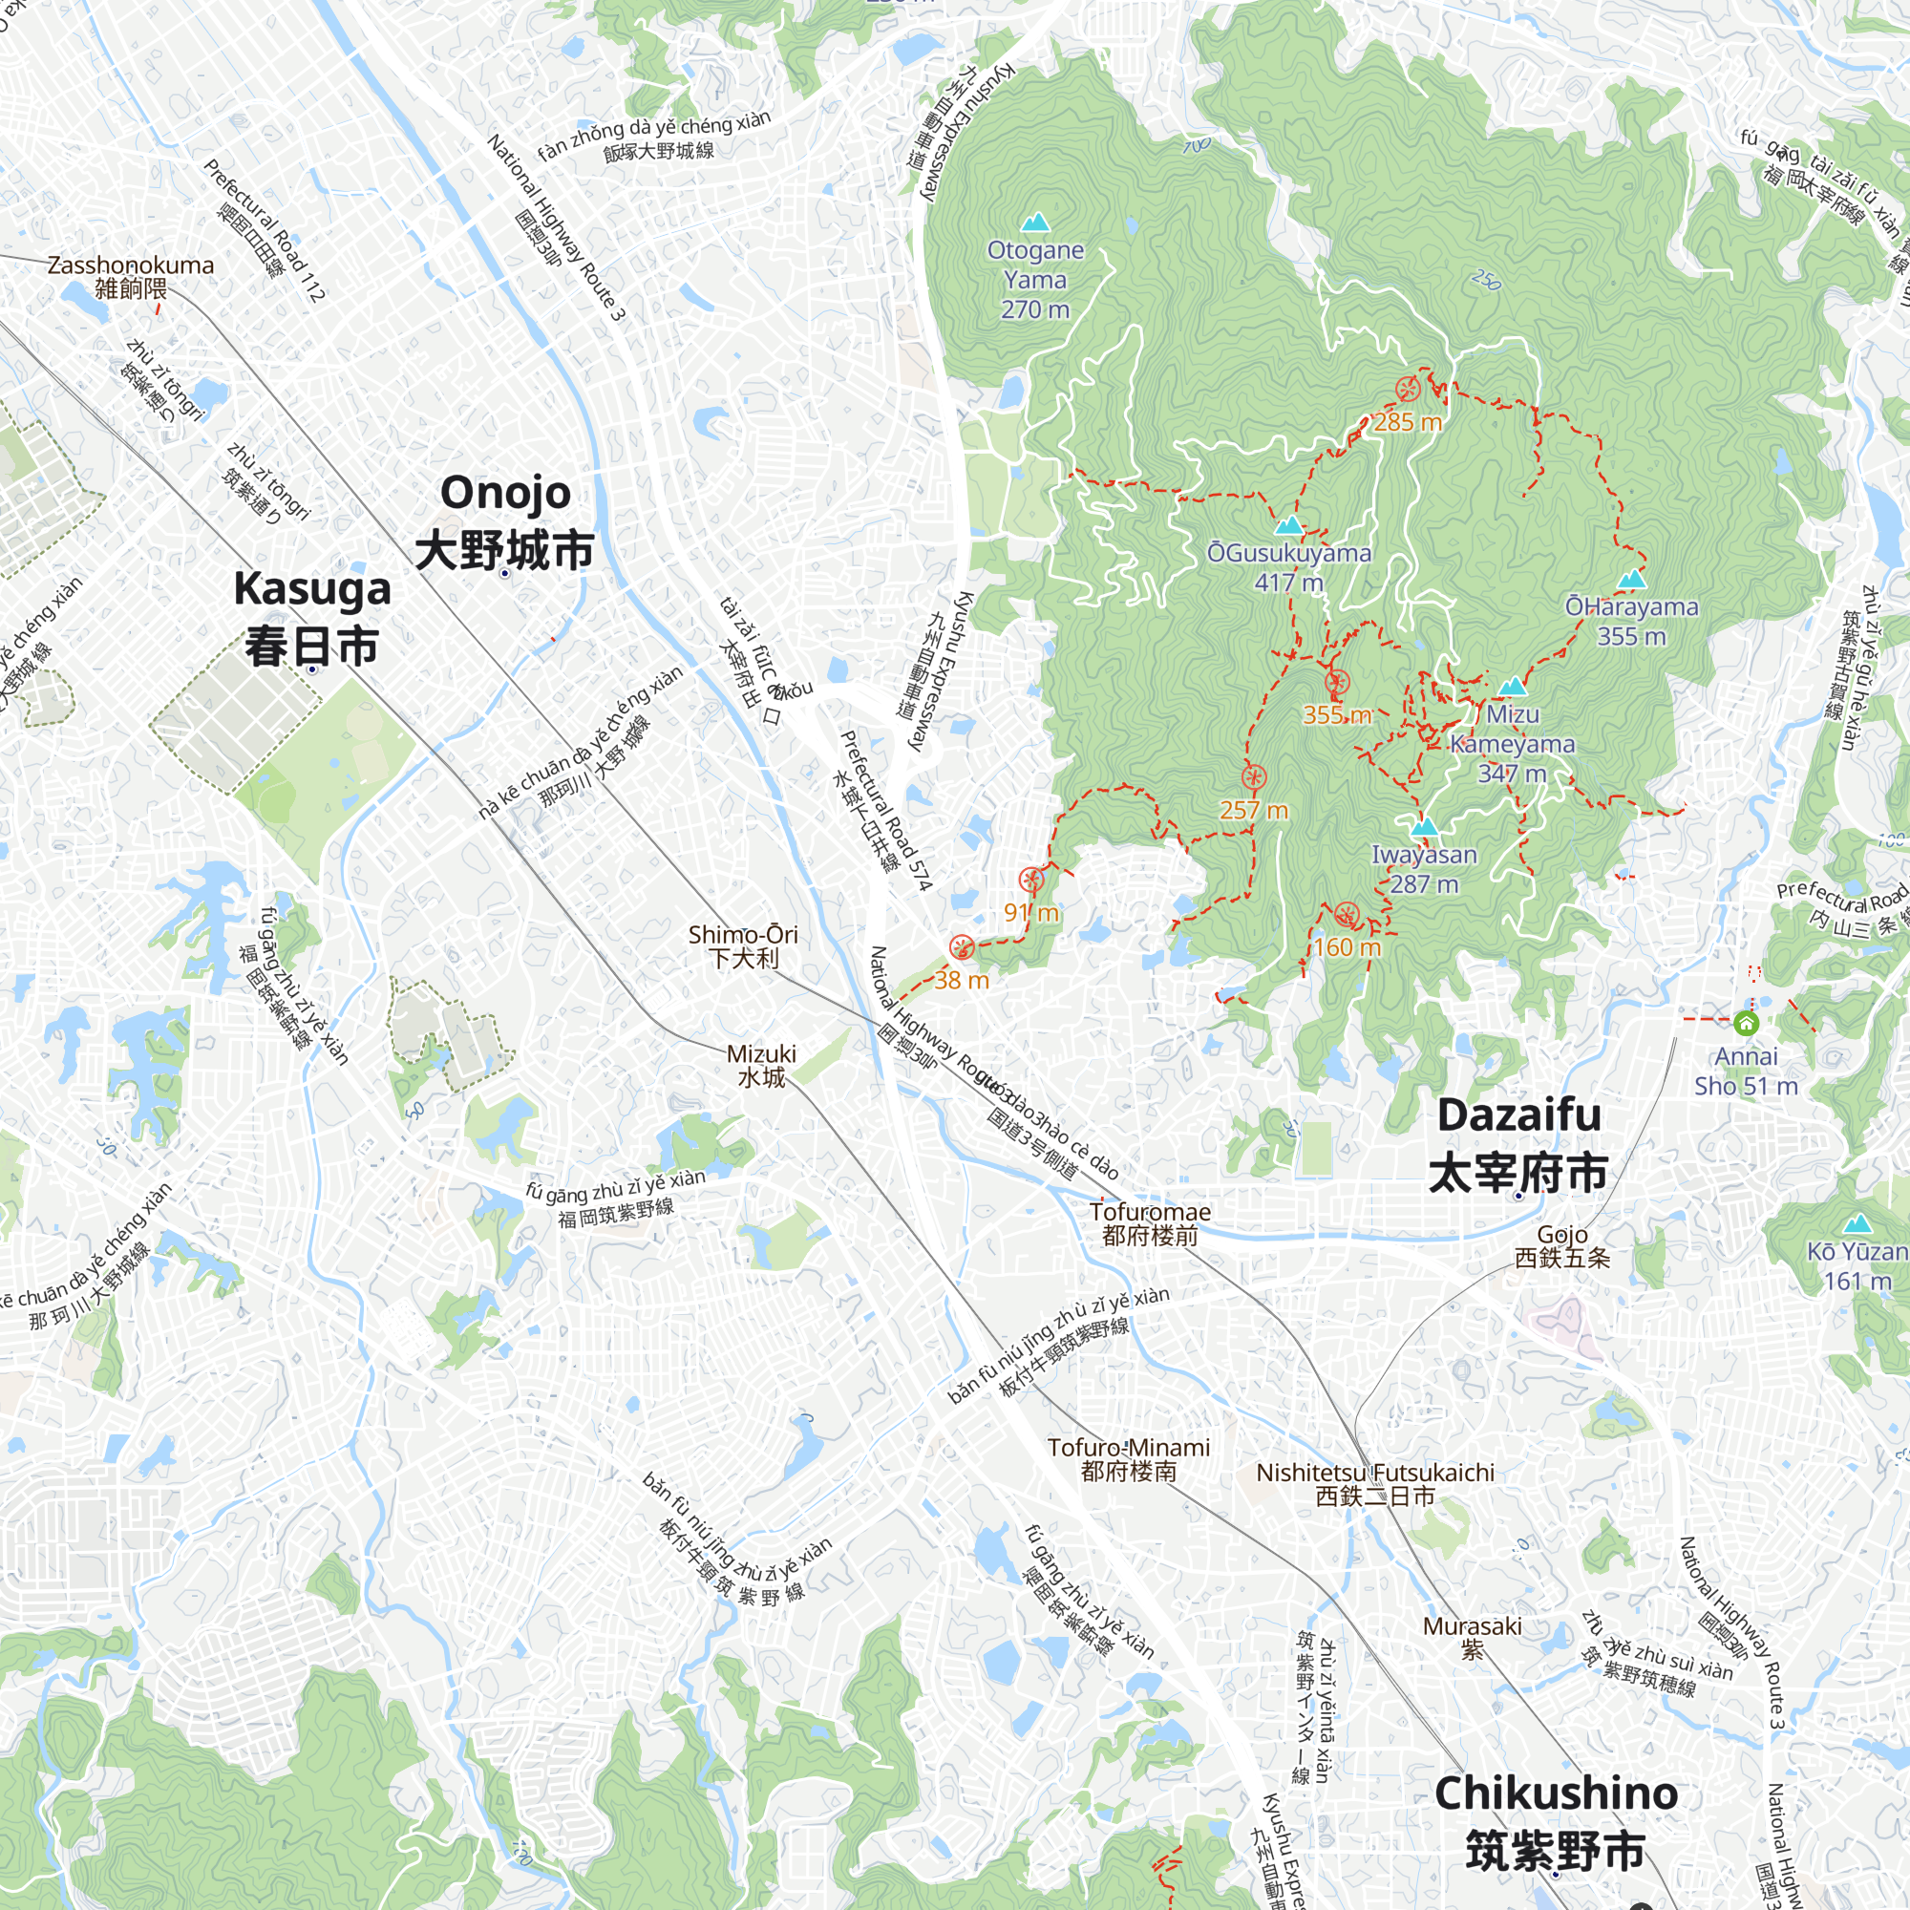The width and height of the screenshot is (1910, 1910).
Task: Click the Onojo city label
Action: coord(505,521)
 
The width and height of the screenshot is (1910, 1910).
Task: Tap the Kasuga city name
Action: coord(312,617)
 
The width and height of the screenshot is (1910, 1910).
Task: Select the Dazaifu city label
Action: coord(1518,1144)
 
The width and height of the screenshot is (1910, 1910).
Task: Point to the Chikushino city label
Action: coord(1556,1821)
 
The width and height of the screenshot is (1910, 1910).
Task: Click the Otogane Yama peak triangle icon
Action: coord(1035,223)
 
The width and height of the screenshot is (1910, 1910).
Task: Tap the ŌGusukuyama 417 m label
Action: coord(1289,567)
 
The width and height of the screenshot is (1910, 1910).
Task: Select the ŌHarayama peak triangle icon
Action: coord(1632,580)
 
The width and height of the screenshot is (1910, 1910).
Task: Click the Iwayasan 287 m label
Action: coord(1424,869)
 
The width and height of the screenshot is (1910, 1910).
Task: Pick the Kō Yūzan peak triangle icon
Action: coord(1857,1224)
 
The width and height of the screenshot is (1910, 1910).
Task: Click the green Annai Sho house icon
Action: coord(1747,1022)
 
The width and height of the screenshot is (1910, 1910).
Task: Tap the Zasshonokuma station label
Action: coord(131,277)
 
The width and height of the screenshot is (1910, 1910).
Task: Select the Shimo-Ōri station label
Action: coord(743,946)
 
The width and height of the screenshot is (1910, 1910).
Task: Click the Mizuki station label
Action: coord(761,1065)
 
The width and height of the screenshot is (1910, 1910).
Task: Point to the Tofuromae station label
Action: coord(1150,1223)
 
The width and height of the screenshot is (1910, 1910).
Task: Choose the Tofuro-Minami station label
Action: coord(1129,1459)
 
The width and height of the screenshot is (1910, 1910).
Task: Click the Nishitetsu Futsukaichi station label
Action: coord(1375,1484)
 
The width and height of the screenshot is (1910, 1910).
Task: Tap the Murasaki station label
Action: coord(1472,1637)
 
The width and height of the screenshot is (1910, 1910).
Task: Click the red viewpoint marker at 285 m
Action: coord(1408,390)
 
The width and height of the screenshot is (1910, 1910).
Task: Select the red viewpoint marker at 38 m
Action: coord(962,948)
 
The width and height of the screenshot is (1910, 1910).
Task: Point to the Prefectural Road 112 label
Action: coord(264,229)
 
